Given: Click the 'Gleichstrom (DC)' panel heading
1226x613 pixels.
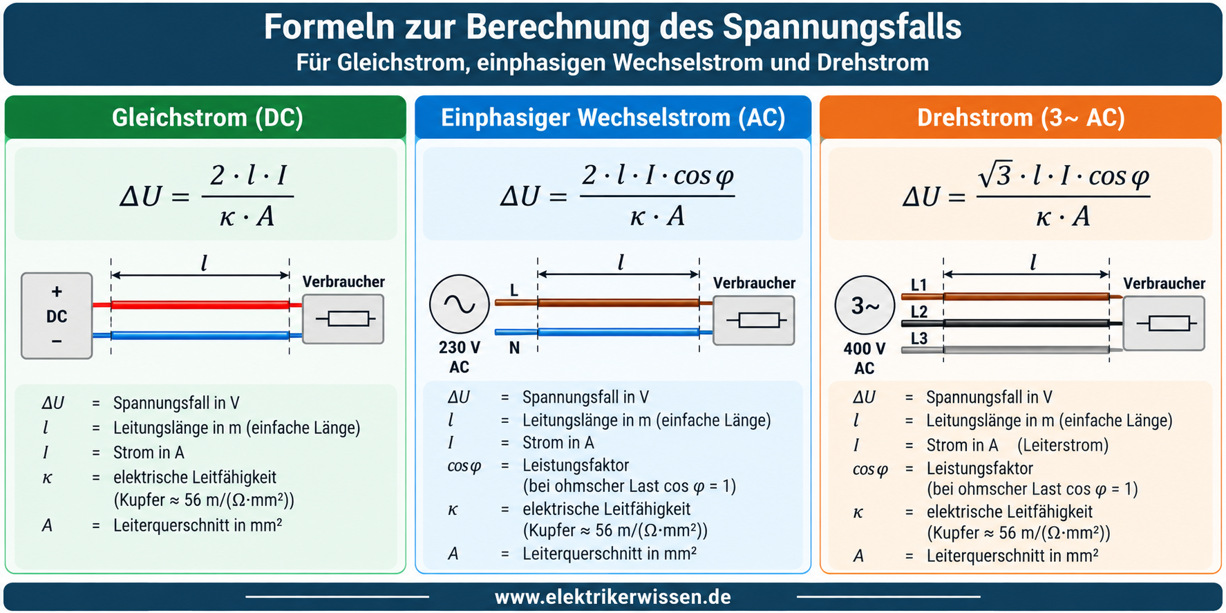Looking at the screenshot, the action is pyautogui.click(x=207, y=117).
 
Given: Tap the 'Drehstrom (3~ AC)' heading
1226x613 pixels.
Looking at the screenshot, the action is pyautogui.click(x=1021, y=117).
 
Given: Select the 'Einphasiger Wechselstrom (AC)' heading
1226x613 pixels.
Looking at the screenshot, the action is pyautogui.click(x=613, y=117).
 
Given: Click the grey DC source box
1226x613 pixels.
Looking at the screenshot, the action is pyautogui.click(x=57, y=316).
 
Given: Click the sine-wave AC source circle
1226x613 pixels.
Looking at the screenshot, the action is pyautogui.click(x=459, y=304).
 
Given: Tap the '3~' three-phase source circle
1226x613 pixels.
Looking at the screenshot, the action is pyautogui.click(x=865, y=305).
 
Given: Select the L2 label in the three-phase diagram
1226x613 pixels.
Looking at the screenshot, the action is pyautogui.click(x=918, y=312).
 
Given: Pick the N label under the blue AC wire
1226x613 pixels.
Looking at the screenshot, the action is pyautogui.click(x=514, y=348).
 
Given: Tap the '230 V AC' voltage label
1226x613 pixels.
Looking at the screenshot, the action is pyautogui.click(x=459, y=357).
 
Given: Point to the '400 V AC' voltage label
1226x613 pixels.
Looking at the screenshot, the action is pyautogui.click(x=864, y=359).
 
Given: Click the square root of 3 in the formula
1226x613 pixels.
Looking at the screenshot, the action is pyautogui.click(x=996, y=174).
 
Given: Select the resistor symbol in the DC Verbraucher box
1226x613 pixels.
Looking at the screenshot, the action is pyautogui.click(x=345, y=319).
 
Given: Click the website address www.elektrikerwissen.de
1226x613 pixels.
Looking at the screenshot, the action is pyautogui.click(x=613, y=597).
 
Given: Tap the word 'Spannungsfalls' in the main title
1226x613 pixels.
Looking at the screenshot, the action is pyautogui.click(x=842, y=28).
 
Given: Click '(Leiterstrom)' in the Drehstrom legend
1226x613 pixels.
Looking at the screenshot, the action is pyautogui.click(x=1063, y=445).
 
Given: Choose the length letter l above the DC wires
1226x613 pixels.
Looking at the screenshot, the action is pyautogui.click(x=204, y=263).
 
